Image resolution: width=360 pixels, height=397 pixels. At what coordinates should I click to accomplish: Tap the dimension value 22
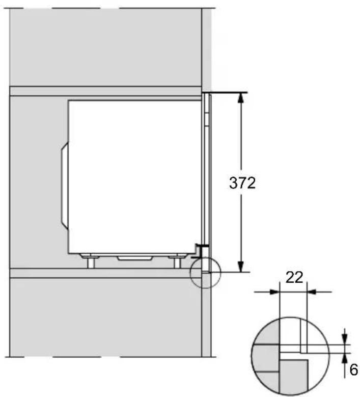294,278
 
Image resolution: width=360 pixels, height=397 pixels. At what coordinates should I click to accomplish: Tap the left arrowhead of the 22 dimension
275,292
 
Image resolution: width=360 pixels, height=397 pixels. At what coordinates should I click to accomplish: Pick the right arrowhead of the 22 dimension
312,292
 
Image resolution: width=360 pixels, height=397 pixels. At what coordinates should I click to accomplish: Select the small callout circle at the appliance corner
204,274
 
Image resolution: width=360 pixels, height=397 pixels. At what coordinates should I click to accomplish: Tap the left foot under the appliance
90,262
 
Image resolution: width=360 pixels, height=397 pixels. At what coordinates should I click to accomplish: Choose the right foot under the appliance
177,262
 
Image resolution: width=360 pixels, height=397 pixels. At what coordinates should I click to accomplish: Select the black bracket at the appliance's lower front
201,249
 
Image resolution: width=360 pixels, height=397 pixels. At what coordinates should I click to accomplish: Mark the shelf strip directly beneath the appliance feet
102,273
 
